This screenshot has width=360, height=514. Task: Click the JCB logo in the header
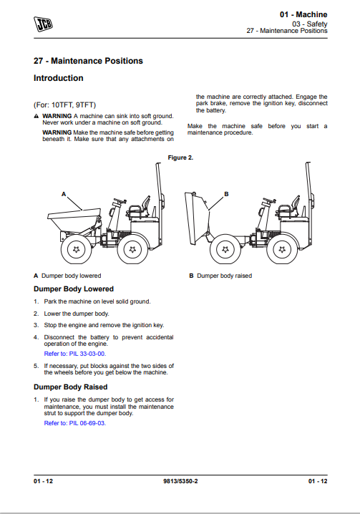coord(43,24)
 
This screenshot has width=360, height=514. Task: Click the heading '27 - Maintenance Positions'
coord(88,61)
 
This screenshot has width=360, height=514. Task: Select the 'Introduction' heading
coord(59,78)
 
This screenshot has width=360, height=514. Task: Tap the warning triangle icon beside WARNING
coord(37,117)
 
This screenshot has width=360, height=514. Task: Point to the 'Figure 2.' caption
coord(180,157)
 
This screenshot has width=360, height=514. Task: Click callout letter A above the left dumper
coord(64,194)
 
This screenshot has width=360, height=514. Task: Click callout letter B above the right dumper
coord(226,194)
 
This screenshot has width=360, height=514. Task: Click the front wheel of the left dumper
coord(76,249)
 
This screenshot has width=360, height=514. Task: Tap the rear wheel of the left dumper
coord(132,249)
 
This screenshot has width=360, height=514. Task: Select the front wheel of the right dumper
coord(225,249)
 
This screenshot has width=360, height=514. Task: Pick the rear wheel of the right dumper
coord(282,249)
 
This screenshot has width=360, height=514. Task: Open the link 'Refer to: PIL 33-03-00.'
coord(75,354)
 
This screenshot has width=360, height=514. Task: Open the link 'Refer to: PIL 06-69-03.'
coord(75,423)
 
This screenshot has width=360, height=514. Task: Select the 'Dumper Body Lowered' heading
coord(74,289)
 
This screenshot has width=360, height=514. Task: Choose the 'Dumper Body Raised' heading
coord(70,387)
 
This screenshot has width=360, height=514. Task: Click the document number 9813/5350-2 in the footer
coord(180,481)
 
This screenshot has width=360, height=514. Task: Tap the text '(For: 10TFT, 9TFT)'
coord(64,105)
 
